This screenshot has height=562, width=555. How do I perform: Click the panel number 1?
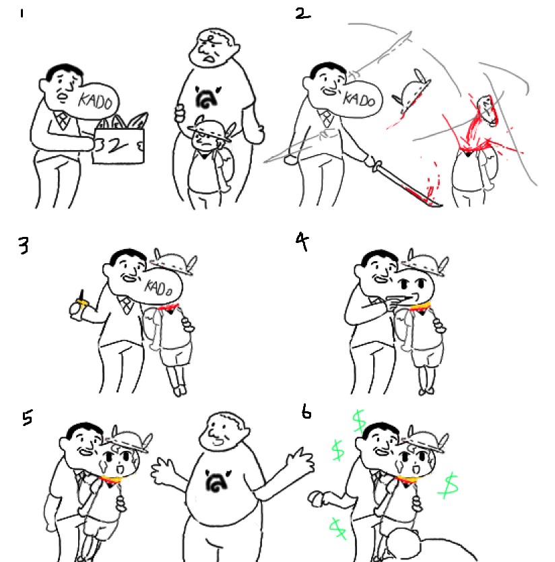22,13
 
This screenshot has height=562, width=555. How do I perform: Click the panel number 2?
302,14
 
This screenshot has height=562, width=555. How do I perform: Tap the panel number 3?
24,246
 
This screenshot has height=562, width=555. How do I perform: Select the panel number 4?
302,241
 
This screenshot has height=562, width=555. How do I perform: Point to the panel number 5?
27,417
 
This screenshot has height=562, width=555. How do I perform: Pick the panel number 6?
306,412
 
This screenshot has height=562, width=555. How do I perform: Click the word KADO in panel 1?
96,101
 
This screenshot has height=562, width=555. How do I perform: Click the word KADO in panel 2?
359,98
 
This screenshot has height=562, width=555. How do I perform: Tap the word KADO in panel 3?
158,287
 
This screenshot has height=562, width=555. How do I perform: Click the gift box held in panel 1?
119,145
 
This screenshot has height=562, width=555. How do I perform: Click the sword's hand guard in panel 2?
377,166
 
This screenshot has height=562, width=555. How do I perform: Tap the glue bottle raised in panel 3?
77,307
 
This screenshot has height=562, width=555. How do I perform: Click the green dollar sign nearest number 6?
359,421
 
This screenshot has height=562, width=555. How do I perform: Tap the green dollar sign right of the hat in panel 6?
449,486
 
